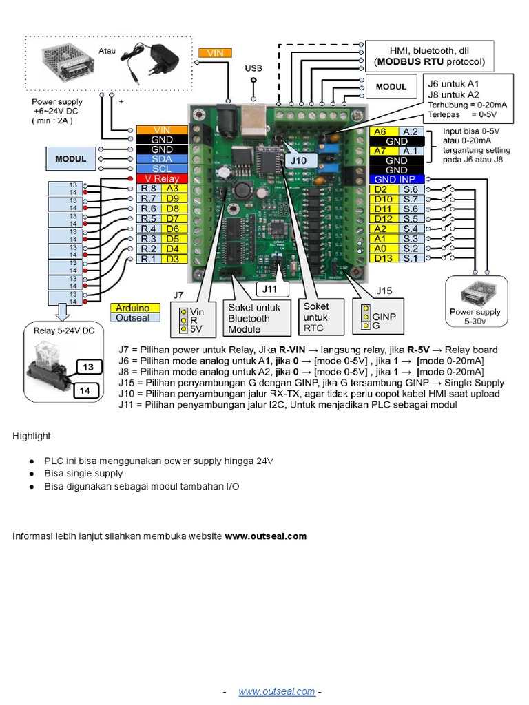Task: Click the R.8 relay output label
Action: click(148, 188)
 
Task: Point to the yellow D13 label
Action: click(384, 258)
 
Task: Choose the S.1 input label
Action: click(411, 258)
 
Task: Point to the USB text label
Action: click(253, 69)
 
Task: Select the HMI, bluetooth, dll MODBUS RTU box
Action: click(430, 56)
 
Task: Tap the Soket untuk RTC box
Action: click(322, 318)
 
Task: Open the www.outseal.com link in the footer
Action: click(277, 691)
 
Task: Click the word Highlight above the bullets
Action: click(32, 436)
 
